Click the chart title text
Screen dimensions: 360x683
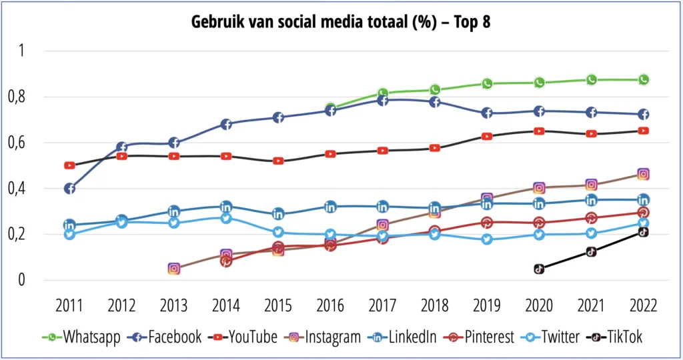(341, 21)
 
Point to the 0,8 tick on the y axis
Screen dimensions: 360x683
(32, 97)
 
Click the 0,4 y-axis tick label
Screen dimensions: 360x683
(32, 189)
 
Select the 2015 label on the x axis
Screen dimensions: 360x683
(278, 306)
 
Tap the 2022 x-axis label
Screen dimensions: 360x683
(644, 306)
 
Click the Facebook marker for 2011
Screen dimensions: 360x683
(69, 189)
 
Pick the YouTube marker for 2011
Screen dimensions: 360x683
(69, 165)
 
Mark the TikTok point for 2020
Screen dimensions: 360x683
(539, 269)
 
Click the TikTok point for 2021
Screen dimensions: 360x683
(591, 252)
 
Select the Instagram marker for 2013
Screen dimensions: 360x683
(173, 269)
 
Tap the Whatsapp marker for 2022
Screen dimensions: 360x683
(644, 80)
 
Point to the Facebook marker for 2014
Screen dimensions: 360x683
(226, 124)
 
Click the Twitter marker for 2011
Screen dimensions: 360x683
(69, 234)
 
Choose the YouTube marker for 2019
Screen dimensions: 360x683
(487, 136)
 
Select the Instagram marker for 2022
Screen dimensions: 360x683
(644, 174)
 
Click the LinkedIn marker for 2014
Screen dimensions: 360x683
(226, 207)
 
